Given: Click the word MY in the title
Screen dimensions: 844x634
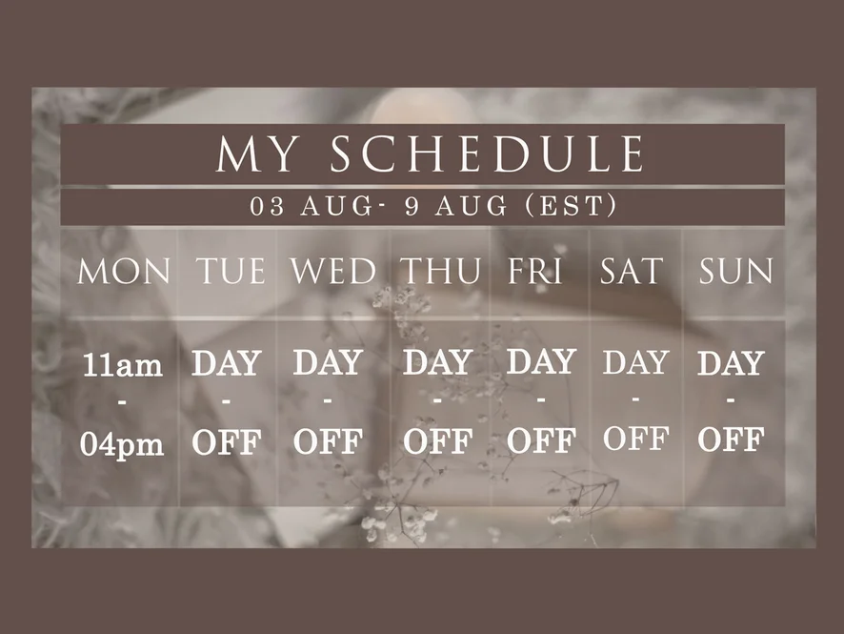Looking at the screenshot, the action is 256,154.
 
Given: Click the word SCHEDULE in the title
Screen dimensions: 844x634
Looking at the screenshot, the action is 488,154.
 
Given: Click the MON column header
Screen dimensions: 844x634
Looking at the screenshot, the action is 124,271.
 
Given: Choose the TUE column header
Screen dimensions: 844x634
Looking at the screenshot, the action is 230,271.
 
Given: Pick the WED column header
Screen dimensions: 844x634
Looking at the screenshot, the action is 333,271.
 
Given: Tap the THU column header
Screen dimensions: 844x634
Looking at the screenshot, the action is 441,271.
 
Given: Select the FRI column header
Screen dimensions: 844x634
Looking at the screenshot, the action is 535,271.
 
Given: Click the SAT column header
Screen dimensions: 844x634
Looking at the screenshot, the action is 632,271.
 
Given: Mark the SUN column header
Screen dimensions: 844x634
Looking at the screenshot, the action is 735,271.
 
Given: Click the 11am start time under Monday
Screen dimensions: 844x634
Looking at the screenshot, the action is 122,365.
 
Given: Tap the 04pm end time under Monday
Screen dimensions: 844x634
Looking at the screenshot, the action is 122,445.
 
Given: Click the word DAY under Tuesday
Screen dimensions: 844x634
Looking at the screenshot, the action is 226,362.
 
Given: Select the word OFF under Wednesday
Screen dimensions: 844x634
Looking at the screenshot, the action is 328,441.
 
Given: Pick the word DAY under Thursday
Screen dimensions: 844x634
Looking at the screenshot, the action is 437,361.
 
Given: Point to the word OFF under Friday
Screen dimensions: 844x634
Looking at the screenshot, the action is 541,440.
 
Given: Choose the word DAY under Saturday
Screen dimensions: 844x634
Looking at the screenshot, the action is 635,361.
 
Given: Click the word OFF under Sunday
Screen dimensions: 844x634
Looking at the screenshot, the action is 731,439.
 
